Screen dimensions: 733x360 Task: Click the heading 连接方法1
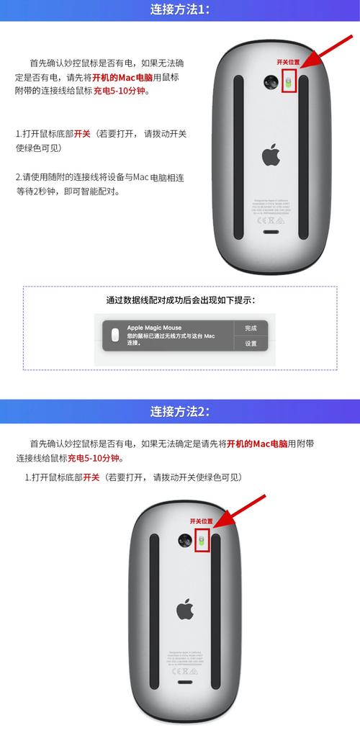coord(180,10)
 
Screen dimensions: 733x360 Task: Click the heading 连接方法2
coord(180,411)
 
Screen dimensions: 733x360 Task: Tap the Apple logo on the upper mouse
coord(270,154)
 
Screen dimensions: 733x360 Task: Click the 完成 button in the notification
coord(251,328)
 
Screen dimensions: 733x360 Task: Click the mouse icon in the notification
coord(115,336)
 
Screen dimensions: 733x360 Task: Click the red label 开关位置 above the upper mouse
coord(288,63)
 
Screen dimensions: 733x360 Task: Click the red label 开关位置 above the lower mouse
coord(202,521)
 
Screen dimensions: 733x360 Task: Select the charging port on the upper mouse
coord(270,231)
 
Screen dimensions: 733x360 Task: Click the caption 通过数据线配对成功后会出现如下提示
coord(180,300)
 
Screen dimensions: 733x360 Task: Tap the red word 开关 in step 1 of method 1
coord(82,134)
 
